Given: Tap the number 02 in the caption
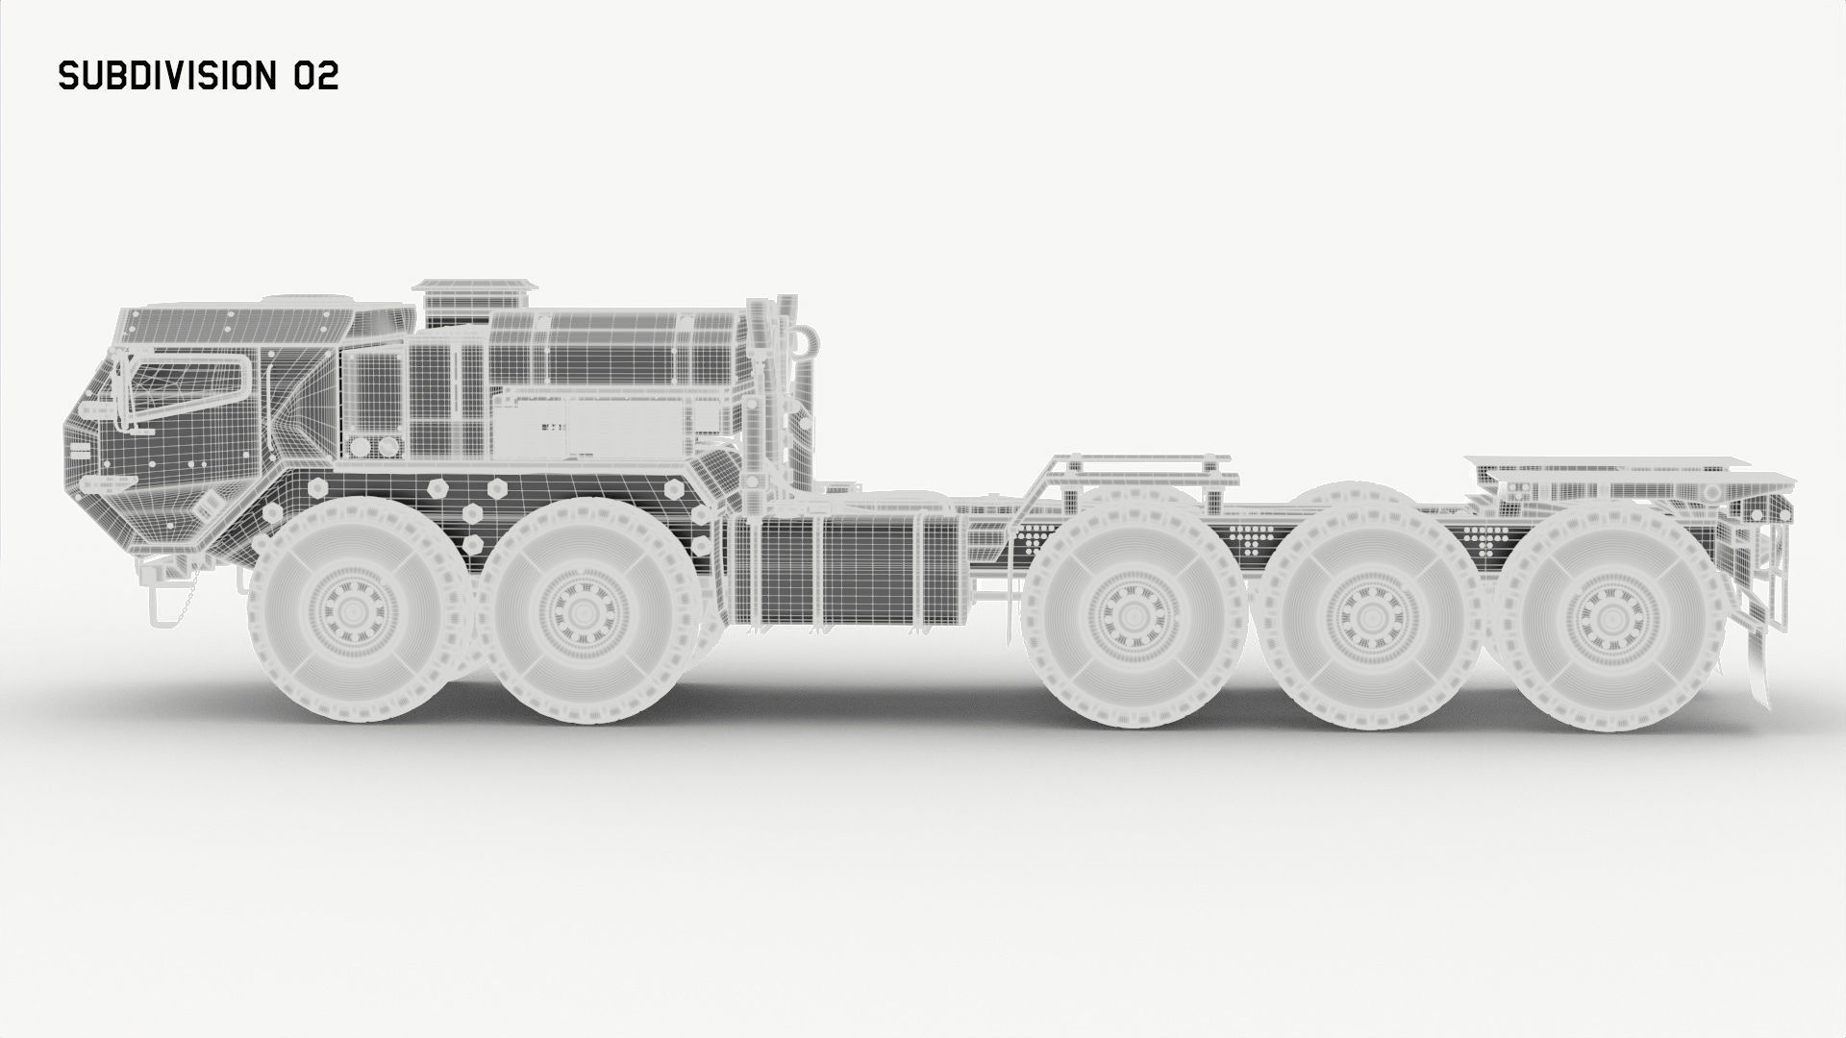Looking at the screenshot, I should [315, 76].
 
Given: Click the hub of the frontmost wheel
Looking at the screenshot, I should [355, 612].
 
